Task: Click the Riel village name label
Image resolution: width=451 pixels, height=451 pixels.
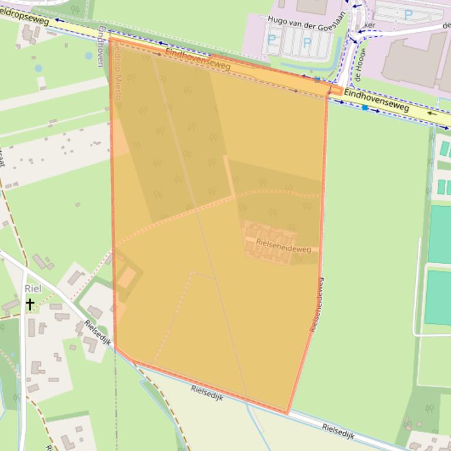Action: [33, 289]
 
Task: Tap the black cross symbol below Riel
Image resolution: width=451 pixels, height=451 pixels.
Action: [29, 303]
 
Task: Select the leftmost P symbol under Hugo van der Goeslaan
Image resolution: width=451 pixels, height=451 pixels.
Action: [271, 40]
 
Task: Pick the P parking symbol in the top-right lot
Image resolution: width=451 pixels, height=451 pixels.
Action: [409, 15]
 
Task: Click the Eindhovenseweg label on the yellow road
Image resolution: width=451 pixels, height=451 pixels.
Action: [376, 100]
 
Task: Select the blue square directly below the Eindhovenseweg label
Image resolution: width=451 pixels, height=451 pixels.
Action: [365, 108]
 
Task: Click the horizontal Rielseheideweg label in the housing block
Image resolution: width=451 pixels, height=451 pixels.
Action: [283, 249]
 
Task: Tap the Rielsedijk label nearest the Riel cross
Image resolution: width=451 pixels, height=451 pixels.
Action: [97, 332]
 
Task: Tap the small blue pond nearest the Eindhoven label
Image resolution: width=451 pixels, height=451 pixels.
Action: [88, 56]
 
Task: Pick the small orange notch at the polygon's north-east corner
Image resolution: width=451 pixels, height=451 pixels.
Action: [335, 91]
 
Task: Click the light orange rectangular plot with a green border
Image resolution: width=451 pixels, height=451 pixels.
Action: [126, 277]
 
